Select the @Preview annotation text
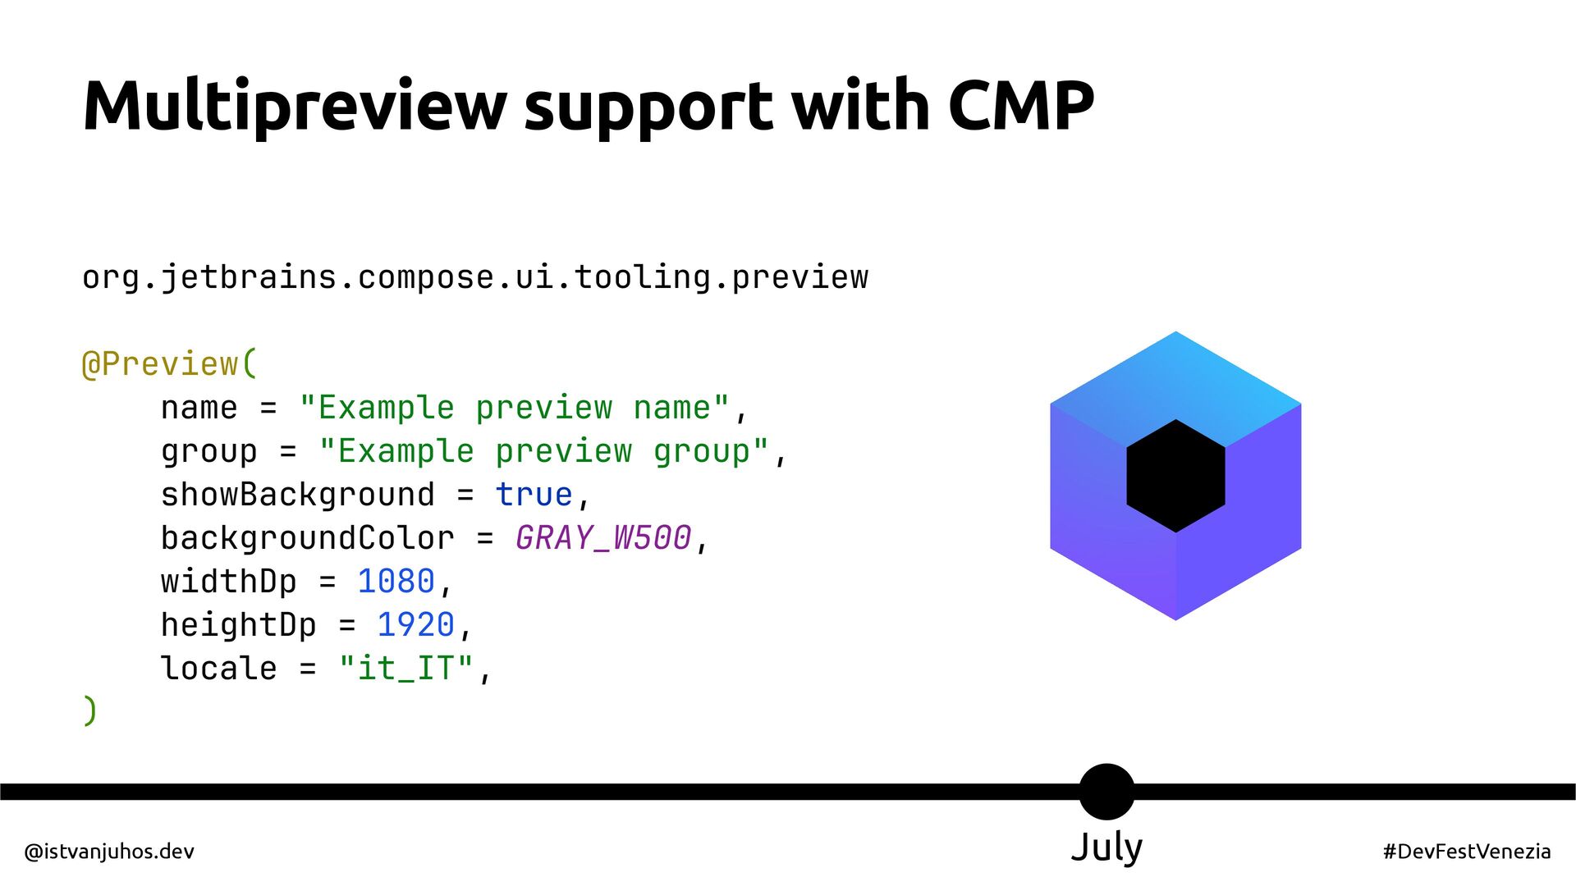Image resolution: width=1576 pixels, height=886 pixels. pyautogui.click(x=168, y=363)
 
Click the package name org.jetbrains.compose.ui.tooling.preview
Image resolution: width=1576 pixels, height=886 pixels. pyautogui.click(x=475, y=277)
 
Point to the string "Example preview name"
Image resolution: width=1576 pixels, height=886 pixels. pyautogui.click(x=515, y=408)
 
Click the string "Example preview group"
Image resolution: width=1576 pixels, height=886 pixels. pyautogui.click(x=544, y=451)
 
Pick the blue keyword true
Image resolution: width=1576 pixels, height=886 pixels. pyautogui.click(x=534, y=495)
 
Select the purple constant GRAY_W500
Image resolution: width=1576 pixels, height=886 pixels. pyautogui.click(x=603, y=538)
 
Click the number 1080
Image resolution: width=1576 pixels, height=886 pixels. pyautogui.click(x=396, y=582)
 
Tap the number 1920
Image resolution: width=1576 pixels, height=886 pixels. pyautogui.click(x=415, y=625)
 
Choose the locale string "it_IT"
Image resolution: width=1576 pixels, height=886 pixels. pyautogui.click(x=406, y=669)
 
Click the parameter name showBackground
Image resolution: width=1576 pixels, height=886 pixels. pyautogui.click(x=297, y=495)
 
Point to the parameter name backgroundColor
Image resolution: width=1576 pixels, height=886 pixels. pyautogui.click(x=307, y=538)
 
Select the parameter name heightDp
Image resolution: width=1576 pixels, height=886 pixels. pyautogui.click(x=238, y=625)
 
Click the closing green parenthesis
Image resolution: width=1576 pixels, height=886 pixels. pyautogui.click(x=90, y=710)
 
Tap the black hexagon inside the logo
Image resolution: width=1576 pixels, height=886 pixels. pyautogui.click(x=1175, y=476)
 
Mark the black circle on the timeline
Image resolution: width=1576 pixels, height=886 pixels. pyautogui.click(x=1106, y=792)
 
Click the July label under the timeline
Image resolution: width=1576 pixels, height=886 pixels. pyautogui.click(x=1106, y=847)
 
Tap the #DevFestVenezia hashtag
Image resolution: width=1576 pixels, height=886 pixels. pyautogui.click(x=1467, y=852)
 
